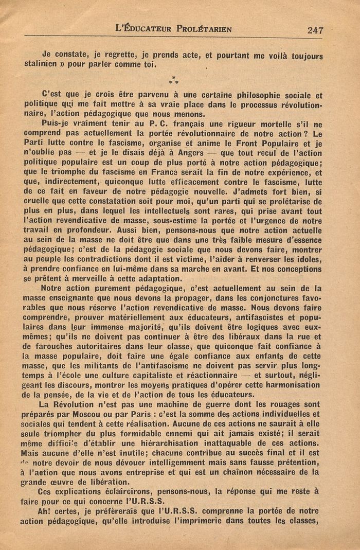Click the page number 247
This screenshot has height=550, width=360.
[x=315, y=30]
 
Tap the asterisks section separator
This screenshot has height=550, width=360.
[x=173, y=80]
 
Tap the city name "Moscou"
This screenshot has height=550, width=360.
[x=93, y=414]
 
